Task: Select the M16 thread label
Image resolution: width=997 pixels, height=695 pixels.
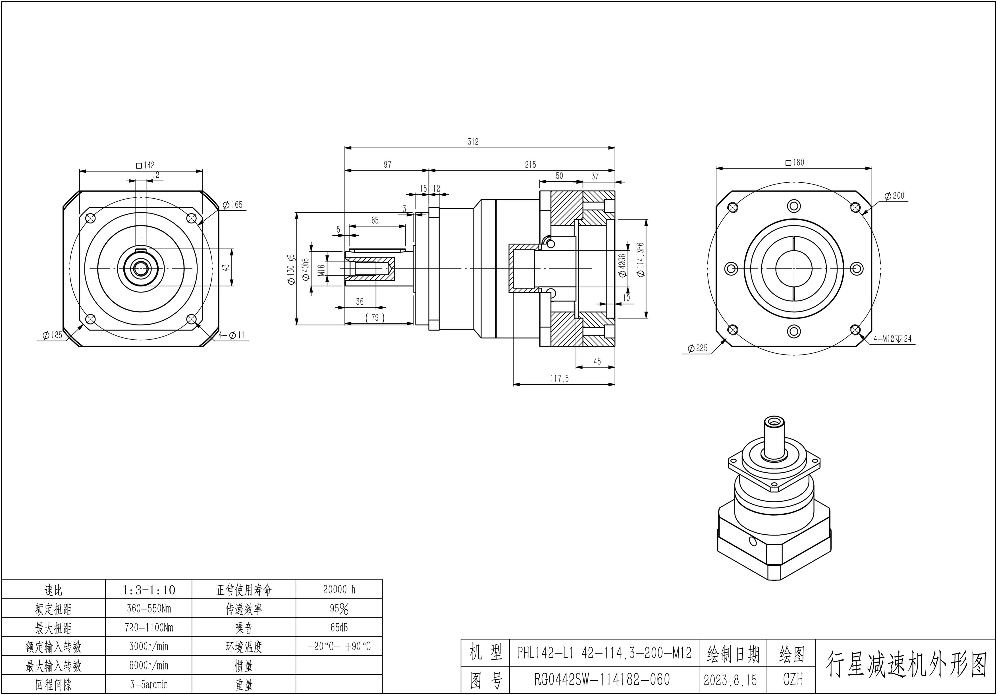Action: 321,270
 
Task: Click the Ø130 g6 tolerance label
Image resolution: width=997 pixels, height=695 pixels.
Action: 291,269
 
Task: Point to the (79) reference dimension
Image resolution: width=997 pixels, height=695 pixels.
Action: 375,318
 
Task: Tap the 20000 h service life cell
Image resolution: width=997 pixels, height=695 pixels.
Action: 339,590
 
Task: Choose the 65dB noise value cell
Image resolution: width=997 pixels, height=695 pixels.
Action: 339,628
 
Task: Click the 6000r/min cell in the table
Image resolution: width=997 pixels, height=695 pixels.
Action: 149,665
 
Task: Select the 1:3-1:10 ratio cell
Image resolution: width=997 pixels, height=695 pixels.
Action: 149,590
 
